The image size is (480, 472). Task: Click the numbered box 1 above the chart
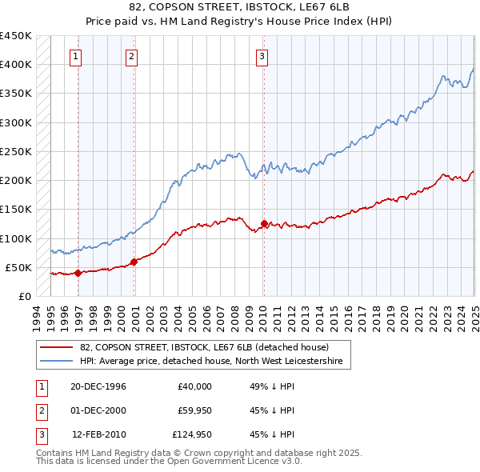tap(75, 56)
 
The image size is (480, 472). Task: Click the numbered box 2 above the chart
tap(131, 56)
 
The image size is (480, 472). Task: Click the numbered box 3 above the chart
tap(262, 56)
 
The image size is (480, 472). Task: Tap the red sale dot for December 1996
tap(78, 273)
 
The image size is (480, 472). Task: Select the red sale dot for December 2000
tap(134, 261)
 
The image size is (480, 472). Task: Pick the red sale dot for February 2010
tap(263, 223)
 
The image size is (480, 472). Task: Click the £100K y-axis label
tap(16, 238)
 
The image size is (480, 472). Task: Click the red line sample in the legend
tap(57, 347)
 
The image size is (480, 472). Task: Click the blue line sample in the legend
tap(57, 362)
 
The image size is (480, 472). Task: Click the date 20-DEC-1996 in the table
tap(98, 386)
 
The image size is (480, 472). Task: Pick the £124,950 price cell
tap(190, 434)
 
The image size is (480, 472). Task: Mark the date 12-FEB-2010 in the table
tap(98, 434)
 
